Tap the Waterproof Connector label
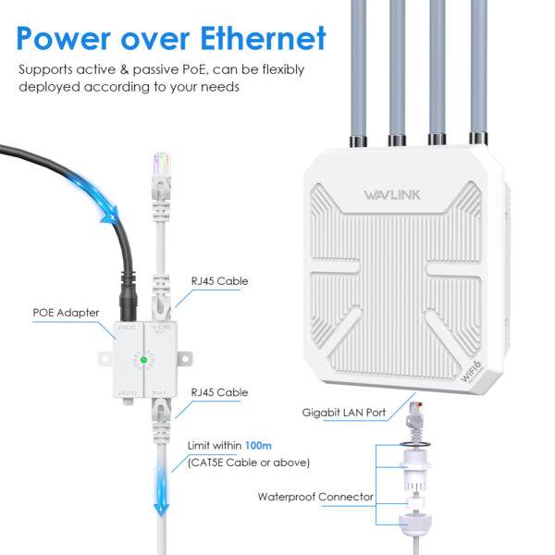[315, 497]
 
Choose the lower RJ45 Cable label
[219, 392]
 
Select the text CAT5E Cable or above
[249, 462]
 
